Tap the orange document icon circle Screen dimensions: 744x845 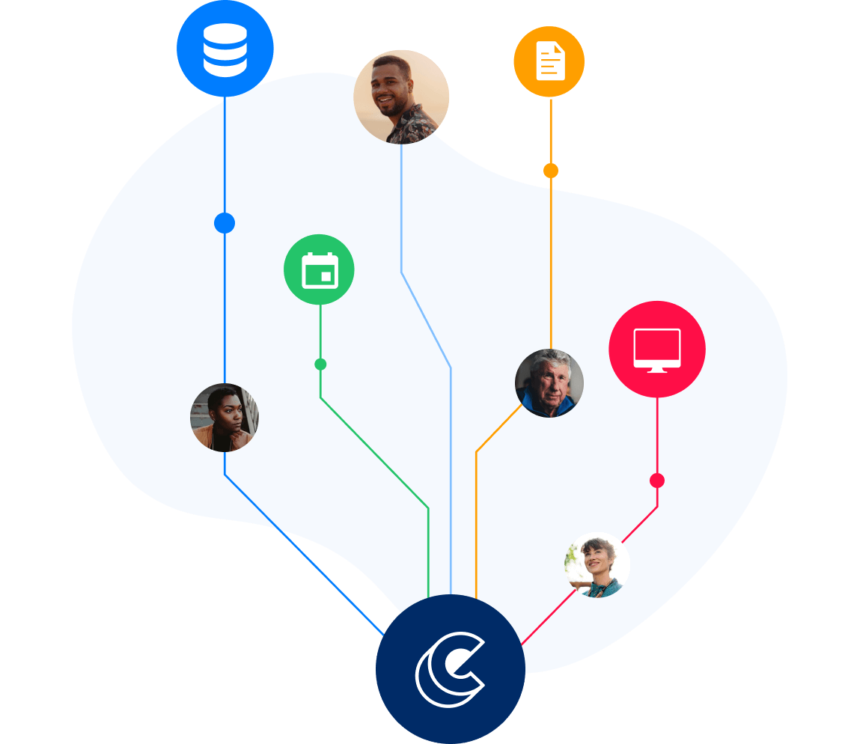point(549,61)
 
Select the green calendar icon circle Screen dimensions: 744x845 point(319,269)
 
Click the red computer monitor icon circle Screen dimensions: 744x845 point(657,350)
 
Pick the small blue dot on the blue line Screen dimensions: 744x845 point(225,223)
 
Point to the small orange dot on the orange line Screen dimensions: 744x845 point(551,171)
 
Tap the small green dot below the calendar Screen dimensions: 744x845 point(320,365)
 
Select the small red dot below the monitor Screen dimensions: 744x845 point(657,481)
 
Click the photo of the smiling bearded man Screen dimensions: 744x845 point(402,97)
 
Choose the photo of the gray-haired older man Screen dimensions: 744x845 point(549,383)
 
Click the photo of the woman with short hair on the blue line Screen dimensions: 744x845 point(225,418)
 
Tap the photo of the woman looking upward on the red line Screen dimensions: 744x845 point(597,565)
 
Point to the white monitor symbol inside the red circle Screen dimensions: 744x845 point(657,350)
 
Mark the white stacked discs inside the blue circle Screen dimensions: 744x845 point(225,49)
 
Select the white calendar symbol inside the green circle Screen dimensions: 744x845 point(320,270)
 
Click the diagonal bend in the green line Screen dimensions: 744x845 point(374,453)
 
